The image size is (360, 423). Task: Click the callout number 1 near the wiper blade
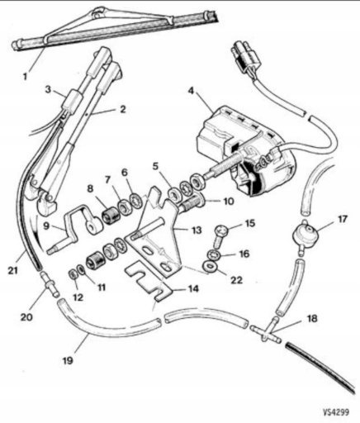[x=25, y=76]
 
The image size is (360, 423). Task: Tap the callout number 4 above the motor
[x=191, y=91]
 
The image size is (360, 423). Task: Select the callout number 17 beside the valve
[x=343, y=220]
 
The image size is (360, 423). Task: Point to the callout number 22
[x=237, y=280]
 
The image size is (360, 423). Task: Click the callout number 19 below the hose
[x=68, y=360]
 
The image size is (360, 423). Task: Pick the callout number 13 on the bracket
[x=197, y=230]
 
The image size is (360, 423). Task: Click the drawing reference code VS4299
[x=336, y=412]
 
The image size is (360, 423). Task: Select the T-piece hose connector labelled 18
[x=266, y=329]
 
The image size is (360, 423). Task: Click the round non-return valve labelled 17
[x=304, y=235]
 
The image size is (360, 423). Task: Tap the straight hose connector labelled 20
[x=50, y=284]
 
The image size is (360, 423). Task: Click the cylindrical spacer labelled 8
[x=111, y=216]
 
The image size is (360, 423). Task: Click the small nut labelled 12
[x=73, y=274]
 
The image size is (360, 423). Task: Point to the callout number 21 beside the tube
[x=12, y=271]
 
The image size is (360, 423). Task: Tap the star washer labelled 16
[x=214, y=254]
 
